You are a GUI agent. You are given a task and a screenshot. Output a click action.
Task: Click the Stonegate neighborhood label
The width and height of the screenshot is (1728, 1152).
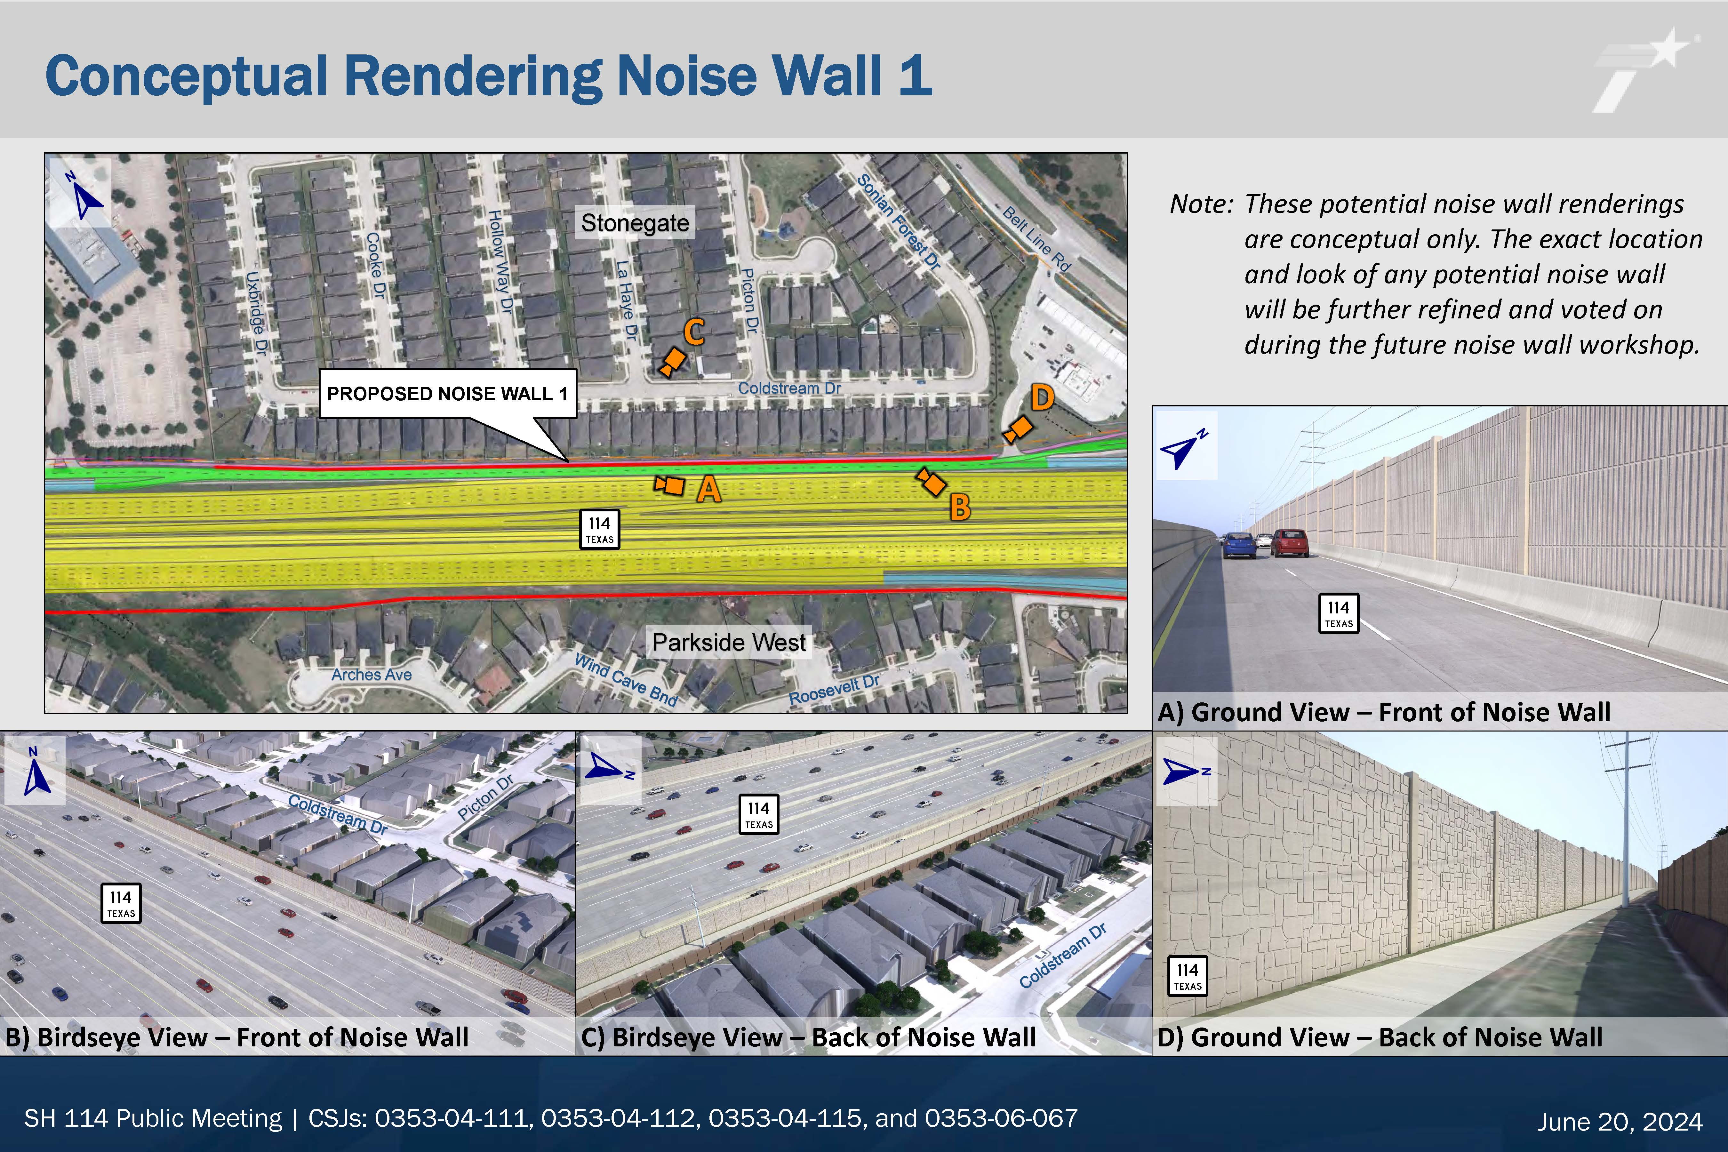635,223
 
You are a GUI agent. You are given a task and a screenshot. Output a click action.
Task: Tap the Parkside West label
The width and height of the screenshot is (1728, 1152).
729,642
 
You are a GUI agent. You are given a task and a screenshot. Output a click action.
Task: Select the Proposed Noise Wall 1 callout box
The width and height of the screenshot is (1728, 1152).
447,394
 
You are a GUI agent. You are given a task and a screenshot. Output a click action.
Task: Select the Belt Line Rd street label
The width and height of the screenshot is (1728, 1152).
1037,239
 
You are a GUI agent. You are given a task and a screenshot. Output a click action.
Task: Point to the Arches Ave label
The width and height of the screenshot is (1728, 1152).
371,675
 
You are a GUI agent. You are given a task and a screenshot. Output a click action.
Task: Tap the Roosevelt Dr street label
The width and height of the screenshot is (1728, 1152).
834,690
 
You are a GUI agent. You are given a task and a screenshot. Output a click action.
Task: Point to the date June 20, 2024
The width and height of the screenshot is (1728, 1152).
1620,1121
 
